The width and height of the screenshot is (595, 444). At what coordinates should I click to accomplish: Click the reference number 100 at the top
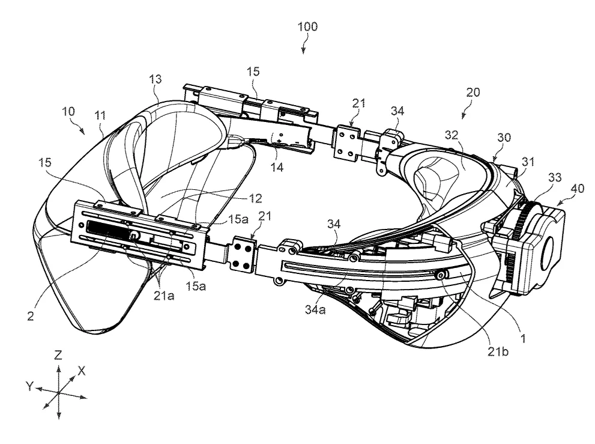pyautogui.click(x=308, y=26)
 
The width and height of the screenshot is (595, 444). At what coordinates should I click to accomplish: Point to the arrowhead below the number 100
pyautogui.click(x=303, y=51)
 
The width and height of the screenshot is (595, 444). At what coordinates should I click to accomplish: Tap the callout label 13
pyautogui.click(x=155, y=79)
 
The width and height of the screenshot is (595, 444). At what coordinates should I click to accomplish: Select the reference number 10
pyautogui.click(x=68, y=112)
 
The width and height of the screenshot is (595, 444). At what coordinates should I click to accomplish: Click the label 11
pyautogui.click(x=100, y=115)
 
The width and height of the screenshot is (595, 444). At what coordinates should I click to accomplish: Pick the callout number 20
pyautogui.click(x=473, y=92)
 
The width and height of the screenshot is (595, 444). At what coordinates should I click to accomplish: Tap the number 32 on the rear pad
pyautogui.click(x=452, y=135)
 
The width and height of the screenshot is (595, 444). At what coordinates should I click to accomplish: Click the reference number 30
pyautogui.click(x=504, y=137)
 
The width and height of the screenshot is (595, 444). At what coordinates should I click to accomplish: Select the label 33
pyautogui.click(x=555, y=177)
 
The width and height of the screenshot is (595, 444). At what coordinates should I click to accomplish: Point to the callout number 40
pyautogui.click(x=577, y=189)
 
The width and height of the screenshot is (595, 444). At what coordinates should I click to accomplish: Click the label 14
pyautogui.click(x=277, y=167)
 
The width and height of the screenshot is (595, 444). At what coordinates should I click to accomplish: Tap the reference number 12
pyautogui.click(x=255, y=198)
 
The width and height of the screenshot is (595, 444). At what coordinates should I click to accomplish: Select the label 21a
pyautogui.click(x=164, y=296)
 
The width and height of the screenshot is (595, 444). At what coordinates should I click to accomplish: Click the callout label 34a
pyautogui.click(x=315, y=309)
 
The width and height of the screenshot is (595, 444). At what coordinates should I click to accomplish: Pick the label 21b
pyautogui.click(x=498, y=352)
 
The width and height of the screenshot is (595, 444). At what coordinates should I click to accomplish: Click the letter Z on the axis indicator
pyautogui.click(x=58, y=355)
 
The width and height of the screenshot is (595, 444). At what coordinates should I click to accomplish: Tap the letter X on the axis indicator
pyautogui.click(x=81, y=371)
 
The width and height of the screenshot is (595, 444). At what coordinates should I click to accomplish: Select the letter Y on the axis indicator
pyautogui.click(x=29, y=387)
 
